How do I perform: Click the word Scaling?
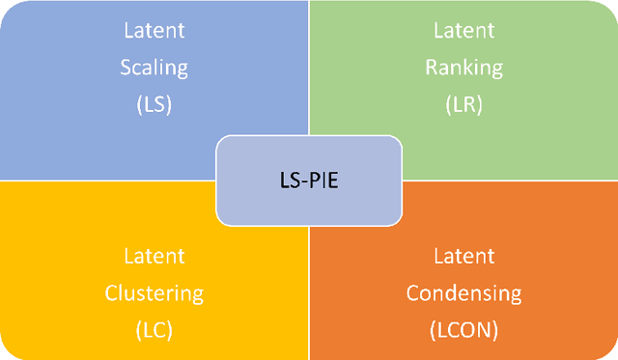[154, 68]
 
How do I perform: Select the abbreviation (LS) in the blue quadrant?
[154, 103]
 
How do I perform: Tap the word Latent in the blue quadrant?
[154, 31]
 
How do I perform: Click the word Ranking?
[463, 68]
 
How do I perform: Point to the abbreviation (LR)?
[463, 103]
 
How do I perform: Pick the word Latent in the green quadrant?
[463, 31]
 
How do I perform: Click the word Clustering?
[154, 292]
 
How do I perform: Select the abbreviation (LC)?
[154, 328]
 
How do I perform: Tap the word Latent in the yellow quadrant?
[154, 256]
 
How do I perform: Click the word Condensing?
[463, 292]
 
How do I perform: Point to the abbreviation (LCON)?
[463, 328]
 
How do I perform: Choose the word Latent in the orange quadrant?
[463, 256]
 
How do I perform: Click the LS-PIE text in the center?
[309, 180]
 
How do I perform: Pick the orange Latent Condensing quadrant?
[550, 232]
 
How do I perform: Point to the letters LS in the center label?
[290, 180]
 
